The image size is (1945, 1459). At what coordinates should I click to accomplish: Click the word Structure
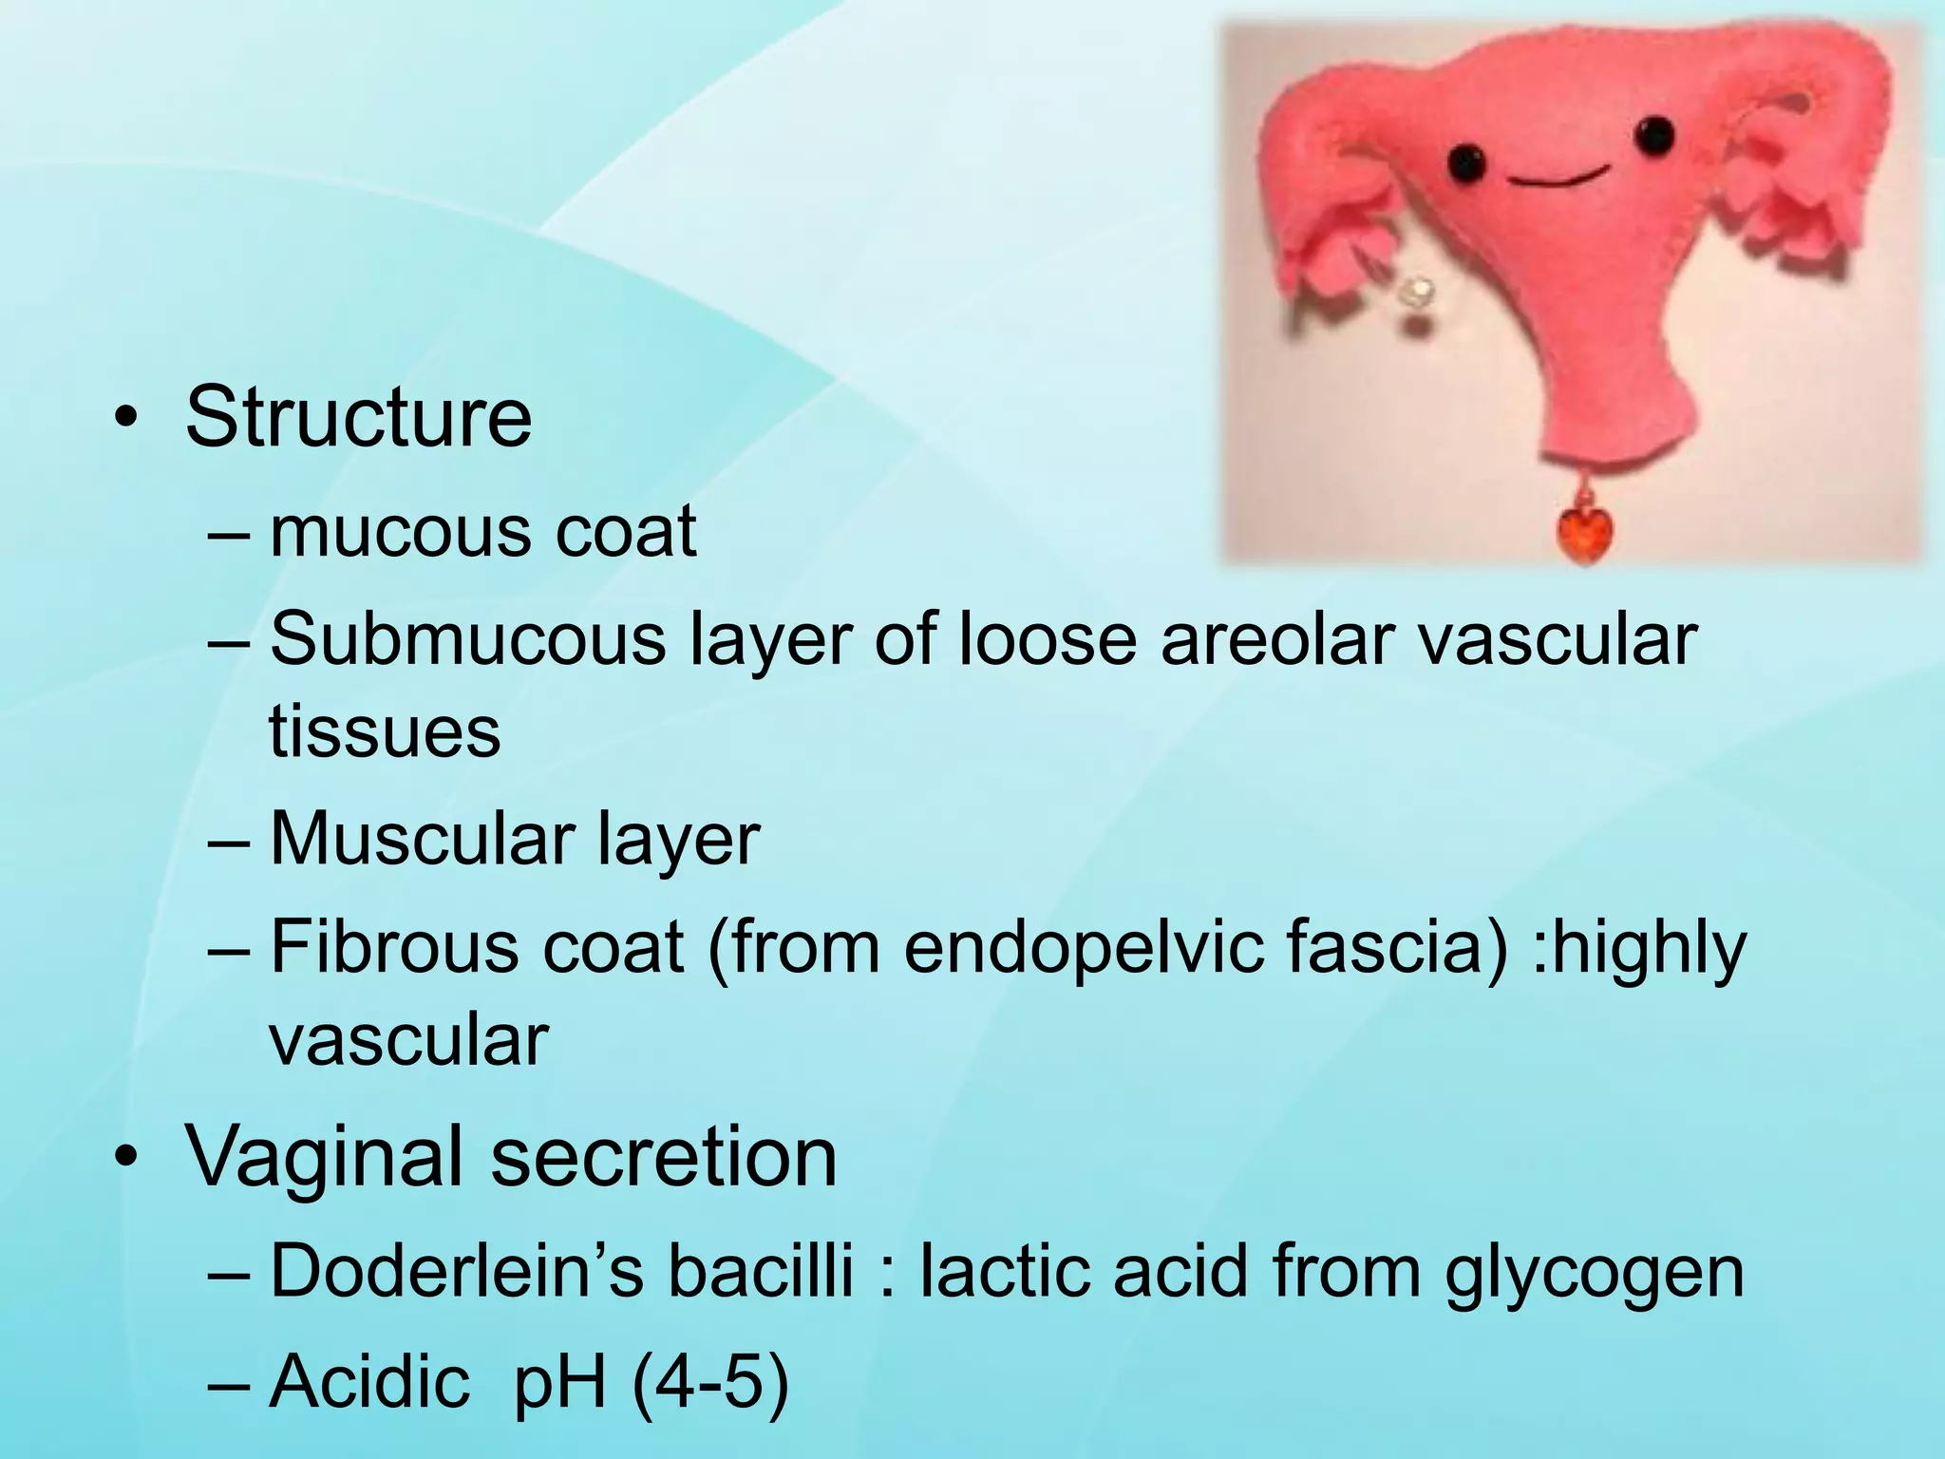click(x=358, y=418)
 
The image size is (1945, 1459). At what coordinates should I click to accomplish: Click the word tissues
click(x=385, y=732)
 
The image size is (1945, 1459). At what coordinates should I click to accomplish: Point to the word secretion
click(x=664, y=1158)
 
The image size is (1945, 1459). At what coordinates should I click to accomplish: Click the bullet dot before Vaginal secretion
click(x=124, y=1159)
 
